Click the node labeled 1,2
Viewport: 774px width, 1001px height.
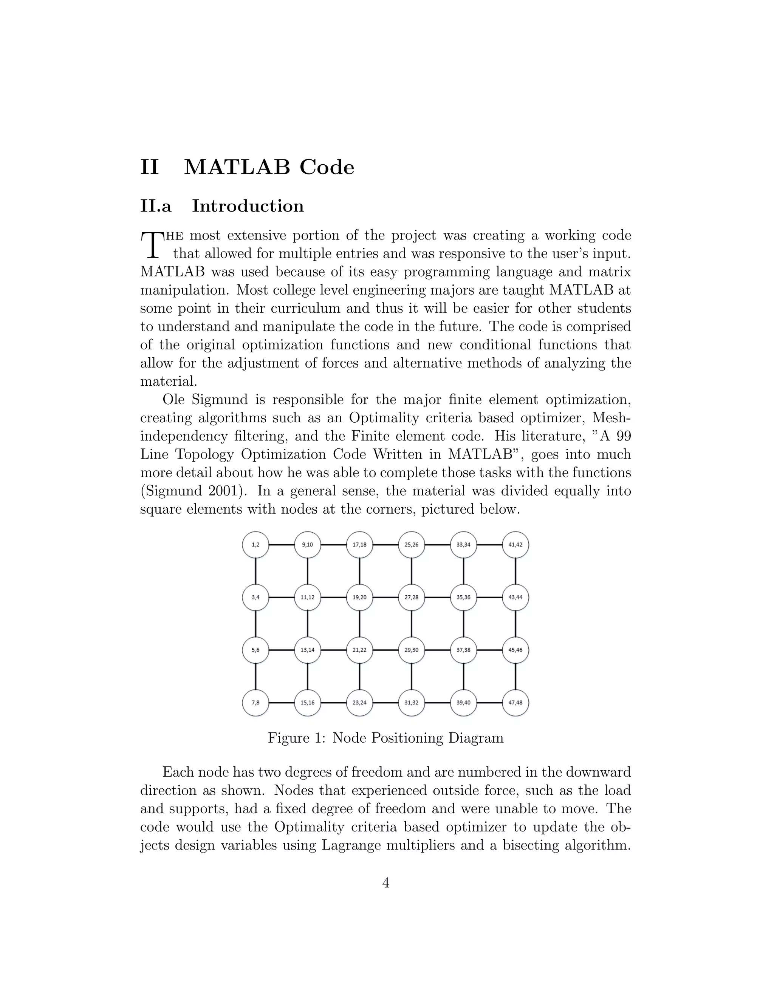click(255, 545)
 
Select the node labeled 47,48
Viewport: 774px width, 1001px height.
click(515, 703)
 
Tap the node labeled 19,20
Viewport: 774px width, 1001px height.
click(359, 597)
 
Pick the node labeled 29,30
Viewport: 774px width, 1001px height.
click(411, 650)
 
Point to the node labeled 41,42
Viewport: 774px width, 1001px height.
click(515, 545)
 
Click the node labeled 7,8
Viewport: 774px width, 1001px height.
click(255, 703)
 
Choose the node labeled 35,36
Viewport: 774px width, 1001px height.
click(464, 597)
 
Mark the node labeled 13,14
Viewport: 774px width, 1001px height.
click(307, 650)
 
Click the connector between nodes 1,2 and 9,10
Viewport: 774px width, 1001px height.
click(281, 545)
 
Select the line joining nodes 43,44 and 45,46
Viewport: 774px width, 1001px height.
click(515, 624)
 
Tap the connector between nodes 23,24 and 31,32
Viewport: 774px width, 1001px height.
click(385, 703)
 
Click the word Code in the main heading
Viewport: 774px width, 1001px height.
click(327, 167)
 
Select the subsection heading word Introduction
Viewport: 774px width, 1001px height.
click(248, 206)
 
